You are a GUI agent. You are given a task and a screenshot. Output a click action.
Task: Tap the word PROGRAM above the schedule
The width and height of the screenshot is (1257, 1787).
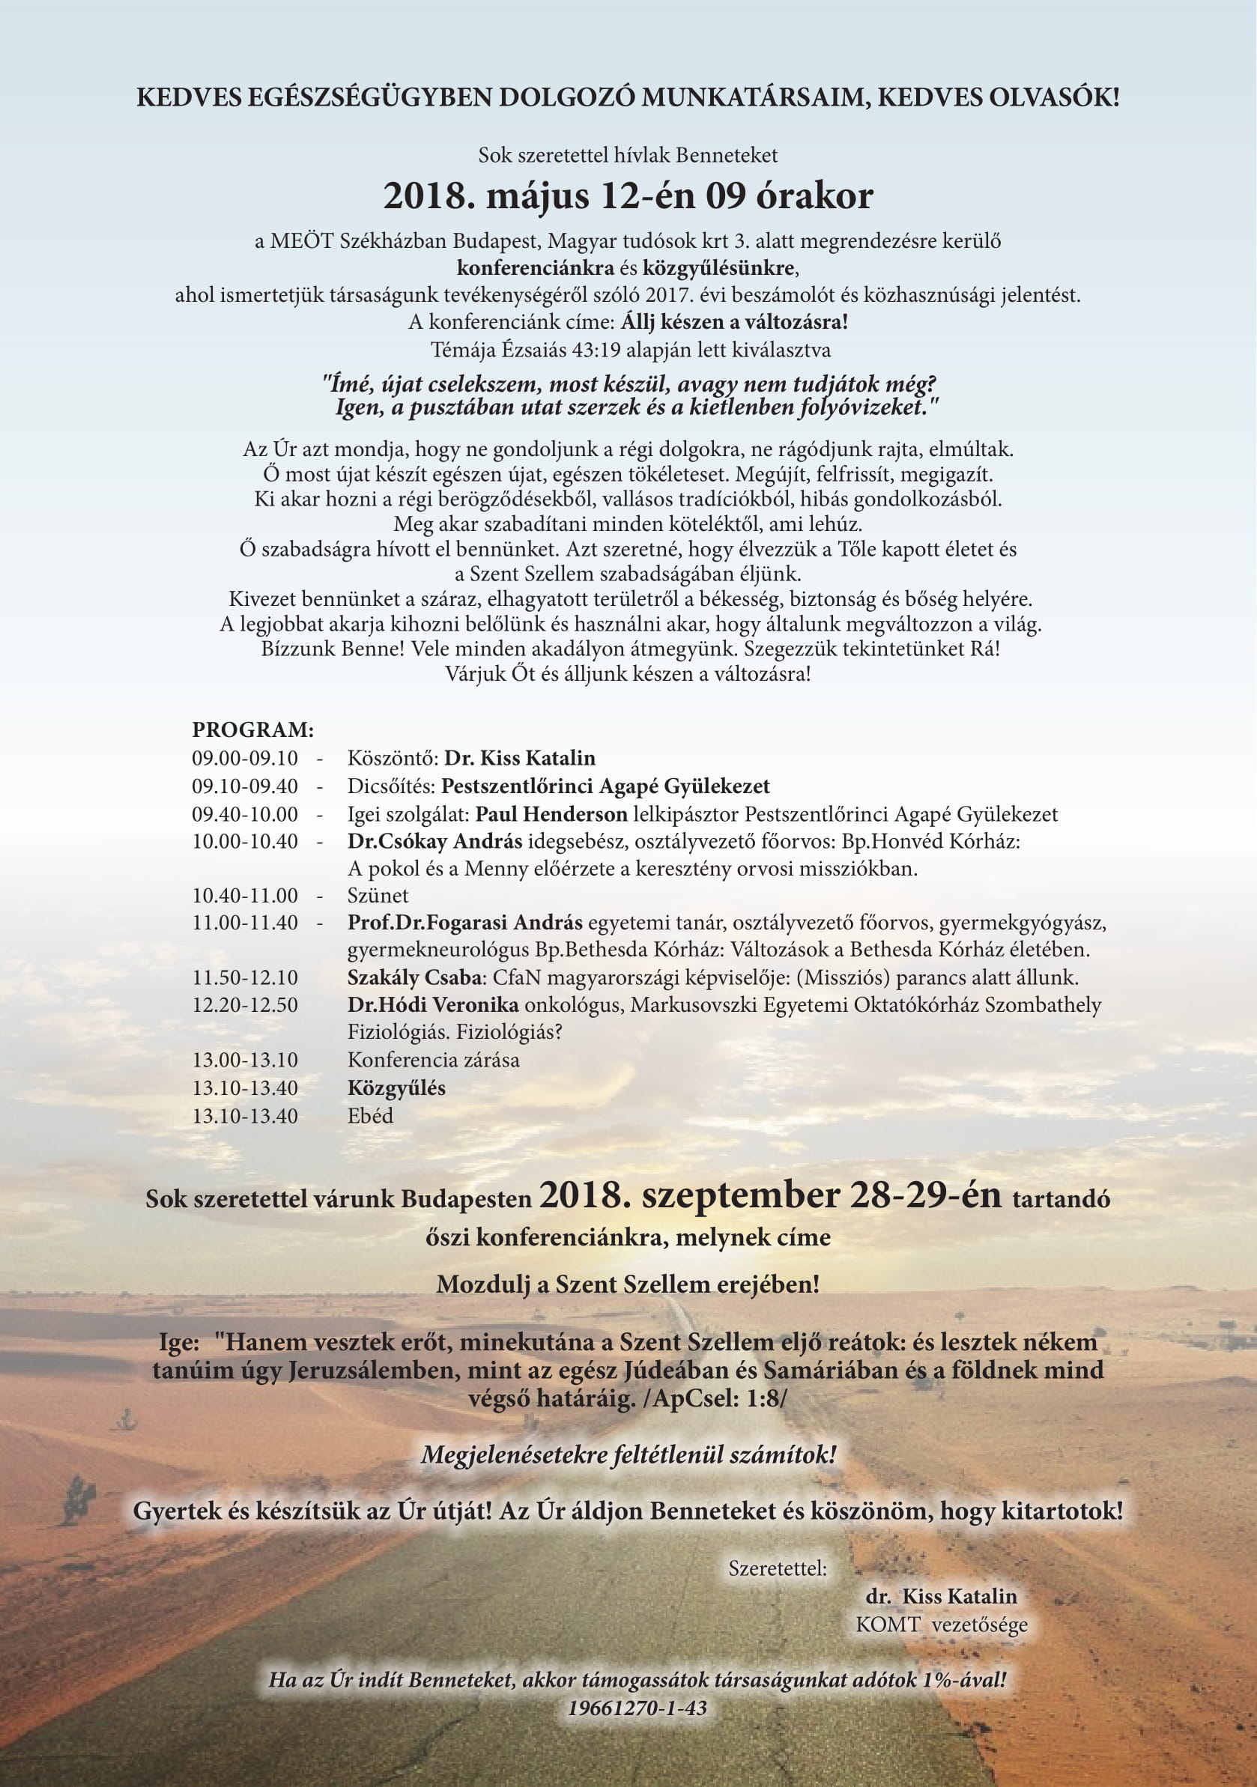tap(253, 730)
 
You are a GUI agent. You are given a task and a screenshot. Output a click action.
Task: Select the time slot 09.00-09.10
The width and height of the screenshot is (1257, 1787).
tap(244, 758)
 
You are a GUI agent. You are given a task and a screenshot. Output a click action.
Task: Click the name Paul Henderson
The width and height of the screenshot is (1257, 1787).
tap(551, 814)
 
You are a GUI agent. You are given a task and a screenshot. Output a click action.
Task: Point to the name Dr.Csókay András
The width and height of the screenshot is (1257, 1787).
tap(434, 841)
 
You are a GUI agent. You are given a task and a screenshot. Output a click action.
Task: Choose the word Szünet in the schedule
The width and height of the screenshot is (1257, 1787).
tap(378, 895)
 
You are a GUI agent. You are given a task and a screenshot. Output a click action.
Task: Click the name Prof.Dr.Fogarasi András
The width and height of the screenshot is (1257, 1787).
tap(464, 923)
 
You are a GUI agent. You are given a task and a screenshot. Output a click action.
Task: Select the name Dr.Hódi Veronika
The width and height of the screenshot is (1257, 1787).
tap(433, 1005)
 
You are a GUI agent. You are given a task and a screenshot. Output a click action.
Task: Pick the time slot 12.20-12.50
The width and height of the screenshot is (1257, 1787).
tap(244, 1005)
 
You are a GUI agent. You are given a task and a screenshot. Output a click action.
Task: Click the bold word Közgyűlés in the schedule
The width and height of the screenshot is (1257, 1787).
tap(396, 1088)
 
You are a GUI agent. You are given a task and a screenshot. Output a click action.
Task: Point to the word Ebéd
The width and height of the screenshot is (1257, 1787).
tap(370, 1115)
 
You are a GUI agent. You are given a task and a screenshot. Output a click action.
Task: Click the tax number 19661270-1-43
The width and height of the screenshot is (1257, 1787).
tap(637, 1708)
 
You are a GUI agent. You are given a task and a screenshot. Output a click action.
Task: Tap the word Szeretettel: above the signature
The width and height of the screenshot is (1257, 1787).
tap(778, 1568)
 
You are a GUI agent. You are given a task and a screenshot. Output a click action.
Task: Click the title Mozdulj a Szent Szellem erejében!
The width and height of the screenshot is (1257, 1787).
tap(627, 1284)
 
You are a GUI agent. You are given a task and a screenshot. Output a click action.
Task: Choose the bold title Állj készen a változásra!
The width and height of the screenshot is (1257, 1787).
tap(734, 321)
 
